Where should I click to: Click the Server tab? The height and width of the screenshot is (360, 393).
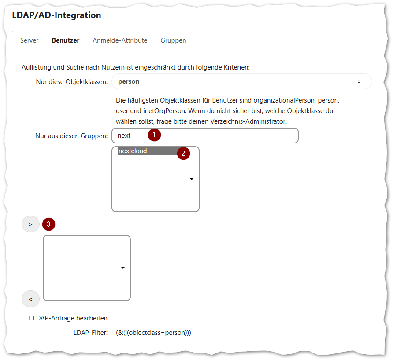pos(30,40)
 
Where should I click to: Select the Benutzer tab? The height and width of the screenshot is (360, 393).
pos(66,40)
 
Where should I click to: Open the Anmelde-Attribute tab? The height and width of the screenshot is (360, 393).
pos(120,40)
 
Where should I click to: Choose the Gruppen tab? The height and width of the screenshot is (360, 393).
pos(173,40)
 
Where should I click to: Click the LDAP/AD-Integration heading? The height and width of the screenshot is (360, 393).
pos(57,15)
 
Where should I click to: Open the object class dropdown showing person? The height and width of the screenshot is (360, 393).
pos(241,81)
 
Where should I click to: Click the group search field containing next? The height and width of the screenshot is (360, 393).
pos(205,136)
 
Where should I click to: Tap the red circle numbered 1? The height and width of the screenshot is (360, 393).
pos(154,135)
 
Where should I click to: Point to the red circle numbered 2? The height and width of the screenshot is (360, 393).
pos(183,153)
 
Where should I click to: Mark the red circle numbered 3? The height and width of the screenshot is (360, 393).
pos(48,224)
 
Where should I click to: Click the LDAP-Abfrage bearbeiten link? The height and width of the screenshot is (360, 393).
pos(68,318)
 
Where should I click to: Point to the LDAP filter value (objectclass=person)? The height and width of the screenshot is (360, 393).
pos(153,333)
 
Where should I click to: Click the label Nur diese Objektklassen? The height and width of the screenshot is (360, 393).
pos(72,82)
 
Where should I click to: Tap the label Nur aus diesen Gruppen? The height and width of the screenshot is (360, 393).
pos(71,136)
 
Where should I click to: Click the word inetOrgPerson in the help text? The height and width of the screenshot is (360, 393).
pos(164,111)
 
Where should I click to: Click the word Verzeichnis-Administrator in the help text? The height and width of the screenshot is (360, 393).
pos(248,121)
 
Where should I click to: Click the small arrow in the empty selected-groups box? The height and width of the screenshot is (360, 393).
pos(123,268)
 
